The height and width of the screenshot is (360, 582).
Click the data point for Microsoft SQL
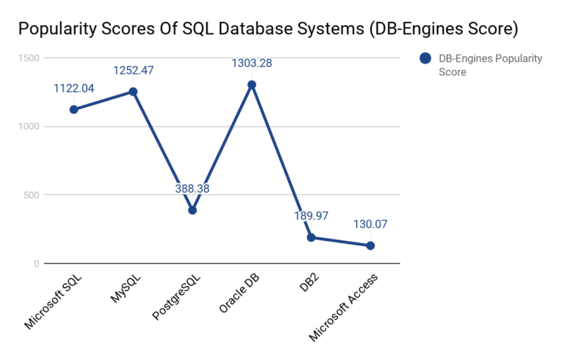pyautogui.click(x=74, y=109)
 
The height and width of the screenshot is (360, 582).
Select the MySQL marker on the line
pyautogui.click(x=133, y=92)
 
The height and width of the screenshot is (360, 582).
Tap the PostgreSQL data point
pyautogui.click(x=192, y=210)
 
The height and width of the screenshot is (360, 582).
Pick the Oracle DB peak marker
pyautogui.click(x=252, y=85)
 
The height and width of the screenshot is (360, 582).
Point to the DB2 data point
pyautogui.click(x=311, y=237)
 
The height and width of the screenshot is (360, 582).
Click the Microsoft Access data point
pyautogui.click(x=371, y=246)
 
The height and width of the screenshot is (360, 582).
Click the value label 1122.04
pyautogui.click(x=74, y=89)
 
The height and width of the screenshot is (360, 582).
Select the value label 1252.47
pyautogui.click(x=133, y=70)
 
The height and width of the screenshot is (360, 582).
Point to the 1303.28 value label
pyautogui.click(x=252, y=64)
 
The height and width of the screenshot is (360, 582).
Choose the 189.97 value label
pyautogui.click(x=311, y=216)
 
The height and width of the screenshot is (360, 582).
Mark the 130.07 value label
pyautogui.click(x=371, y=224)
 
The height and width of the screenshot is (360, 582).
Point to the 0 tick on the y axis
pyautogui.click(x=36, y=264)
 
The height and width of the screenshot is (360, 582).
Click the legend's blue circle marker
pyautogui.click(x=424, y=58)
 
